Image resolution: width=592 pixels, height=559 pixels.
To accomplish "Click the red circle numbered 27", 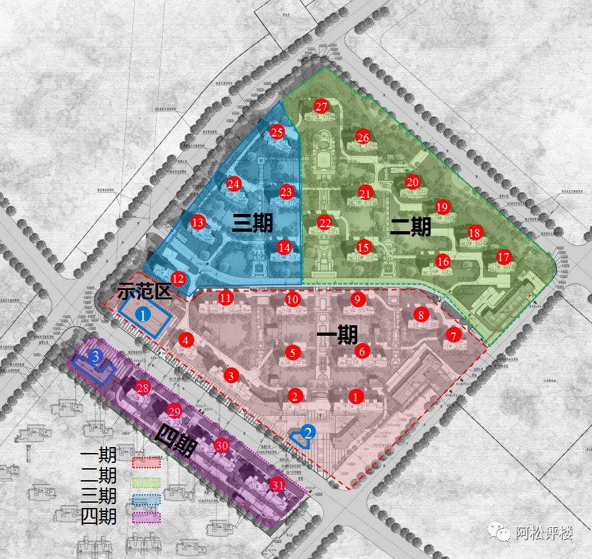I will point(321,107).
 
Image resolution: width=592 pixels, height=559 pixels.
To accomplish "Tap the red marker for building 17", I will point(504,257).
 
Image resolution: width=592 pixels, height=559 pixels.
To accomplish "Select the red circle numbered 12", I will point(177,279).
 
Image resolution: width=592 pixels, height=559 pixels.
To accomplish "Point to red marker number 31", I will point(278,485).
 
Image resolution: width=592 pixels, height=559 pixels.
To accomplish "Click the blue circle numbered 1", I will point(144,315).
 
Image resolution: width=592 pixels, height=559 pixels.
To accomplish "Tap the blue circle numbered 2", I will point(308,432).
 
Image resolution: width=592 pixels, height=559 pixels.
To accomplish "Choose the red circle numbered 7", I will point(453,334).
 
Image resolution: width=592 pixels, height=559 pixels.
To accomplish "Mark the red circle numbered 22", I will point(324,223).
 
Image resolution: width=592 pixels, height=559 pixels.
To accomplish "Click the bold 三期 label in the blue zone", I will point(252,224).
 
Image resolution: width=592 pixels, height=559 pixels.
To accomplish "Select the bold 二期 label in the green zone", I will point(410,227).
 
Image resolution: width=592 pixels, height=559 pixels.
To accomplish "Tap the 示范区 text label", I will point(144,291).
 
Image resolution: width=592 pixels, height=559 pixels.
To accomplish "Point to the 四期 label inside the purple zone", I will point(175,442).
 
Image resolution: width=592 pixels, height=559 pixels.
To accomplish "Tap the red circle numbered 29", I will point(174,411).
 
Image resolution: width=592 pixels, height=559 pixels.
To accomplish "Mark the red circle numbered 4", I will point(187,340).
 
